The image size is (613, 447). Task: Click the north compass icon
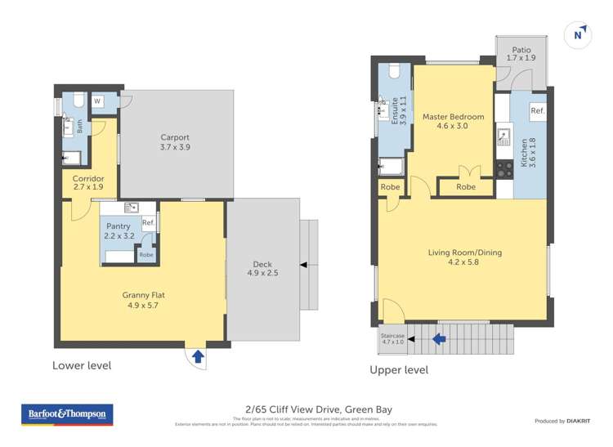click(x=578, y=34)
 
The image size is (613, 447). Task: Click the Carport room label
click(x=175, y=142)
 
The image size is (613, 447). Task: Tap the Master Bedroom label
click(x=453, y=121)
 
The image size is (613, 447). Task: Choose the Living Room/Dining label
click(x=464, y=257)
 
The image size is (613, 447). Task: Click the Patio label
click(x=521, y=53)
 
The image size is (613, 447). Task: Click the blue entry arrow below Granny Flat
click(x=197, y=355)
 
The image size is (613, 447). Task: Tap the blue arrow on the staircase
click(x=439, y=337)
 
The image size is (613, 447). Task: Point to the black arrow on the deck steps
click(x=304, y=265)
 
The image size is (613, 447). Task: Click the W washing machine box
click(x=97, y=101)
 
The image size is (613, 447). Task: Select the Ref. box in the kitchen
click(x=537, y=110)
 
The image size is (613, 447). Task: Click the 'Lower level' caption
click(x=82, y=365)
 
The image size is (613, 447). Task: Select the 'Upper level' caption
click(x=398, y=369)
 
